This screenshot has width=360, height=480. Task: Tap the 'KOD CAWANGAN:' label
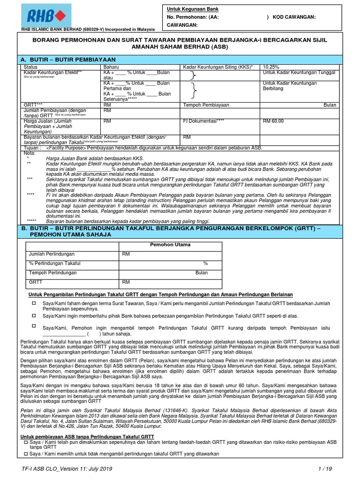(x=293, y=17)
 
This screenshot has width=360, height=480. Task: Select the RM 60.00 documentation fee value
(x=273, y=121)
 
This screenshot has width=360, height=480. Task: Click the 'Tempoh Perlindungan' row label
(x=52, y=273)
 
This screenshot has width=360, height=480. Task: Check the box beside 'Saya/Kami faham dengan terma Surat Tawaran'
(x=34, y=304)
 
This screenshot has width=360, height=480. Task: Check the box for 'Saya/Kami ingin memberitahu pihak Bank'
(x=34, y=316)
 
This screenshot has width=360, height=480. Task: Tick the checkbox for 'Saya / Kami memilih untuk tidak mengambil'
(x=26, y=454)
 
